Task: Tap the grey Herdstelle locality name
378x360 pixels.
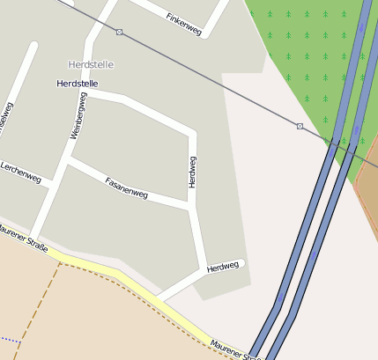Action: click(92, 65)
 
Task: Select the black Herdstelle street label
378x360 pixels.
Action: click(77, 84)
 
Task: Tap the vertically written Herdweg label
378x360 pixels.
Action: click(192, 172)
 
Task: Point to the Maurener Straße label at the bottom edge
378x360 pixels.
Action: click(234, 350)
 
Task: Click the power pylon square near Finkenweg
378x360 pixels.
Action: click(119, 32)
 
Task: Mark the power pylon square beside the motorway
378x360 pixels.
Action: click(300, 127)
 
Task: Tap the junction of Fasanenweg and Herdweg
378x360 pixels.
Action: click(189, 209)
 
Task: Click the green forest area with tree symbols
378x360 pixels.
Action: click(300, 44)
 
